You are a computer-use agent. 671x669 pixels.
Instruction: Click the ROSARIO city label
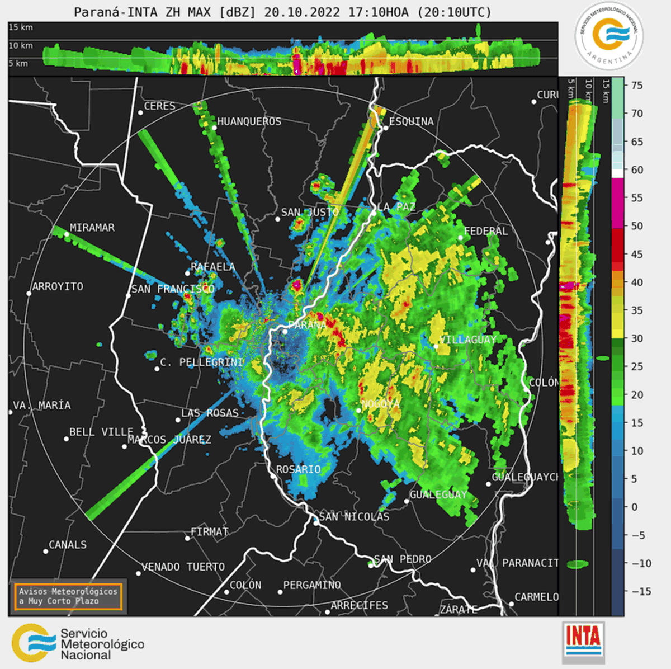click(299, 469)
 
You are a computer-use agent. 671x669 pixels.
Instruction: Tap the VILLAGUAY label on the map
click(468, 340)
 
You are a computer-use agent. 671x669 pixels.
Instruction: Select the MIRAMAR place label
click(92, 228)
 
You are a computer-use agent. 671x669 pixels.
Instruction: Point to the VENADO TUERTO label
click(183, 567)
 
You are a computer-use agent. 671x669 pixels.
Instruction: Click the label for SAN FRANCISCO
click(173, 289)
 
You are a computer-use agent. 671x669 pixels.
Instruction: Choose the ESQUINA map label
click(411, 121)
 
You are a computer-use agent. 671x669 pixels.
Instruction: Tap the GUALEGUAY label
click(438, 494)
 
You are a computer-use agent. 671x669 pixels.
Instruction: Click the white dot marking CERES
click(140, 112)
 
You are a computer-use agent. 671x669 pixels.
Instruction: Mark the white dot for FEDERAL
click(461, 238)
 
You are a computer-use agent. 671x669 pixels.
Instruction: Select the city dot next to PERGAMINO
click(280, 592)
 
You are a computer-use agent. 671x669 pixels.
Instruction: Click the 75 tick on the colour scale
click(637, 86)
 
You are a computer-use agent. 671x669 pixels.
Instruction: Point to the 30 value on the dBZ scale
click(637, 338)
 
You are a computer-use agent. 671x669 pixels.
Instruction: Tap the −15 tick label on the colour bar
click(641, 591)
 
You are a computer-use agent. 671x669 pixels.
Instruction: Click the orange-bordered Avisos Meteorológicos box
click(68, 596)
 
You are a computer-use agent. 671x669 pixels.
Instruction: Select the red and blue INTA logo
click(583, 641)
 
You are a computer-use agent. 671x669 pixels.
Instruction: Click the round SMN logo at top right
click(609, 35)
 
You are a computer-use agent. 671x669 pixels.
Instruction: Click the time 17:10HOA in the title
click(378, 12)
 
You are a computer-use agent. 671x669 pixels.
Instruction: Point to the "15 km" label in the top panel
click(21, 27)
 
